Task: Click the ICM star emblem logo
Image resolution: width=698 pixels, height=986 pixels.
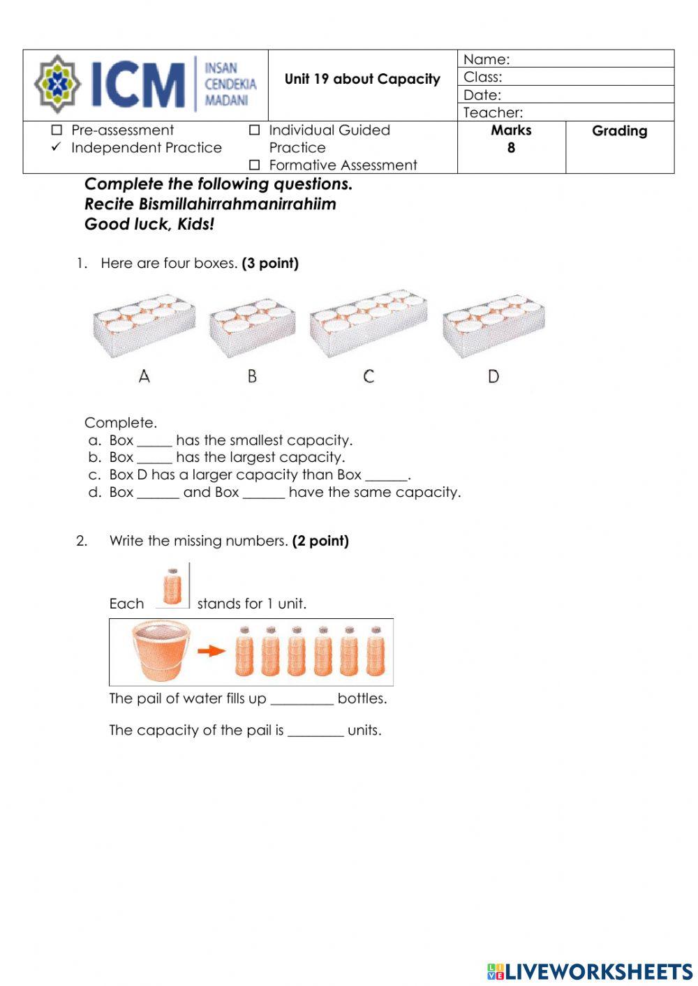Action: click(57, 84)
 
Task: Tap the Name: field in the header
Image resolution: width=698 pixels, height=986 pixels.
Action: click(565, 59)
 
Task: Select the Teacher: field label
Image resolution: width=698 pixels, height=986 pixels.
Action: click(493, 112)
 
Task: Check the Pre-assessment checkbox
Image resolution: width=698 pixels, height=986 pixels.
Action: click(57, 130)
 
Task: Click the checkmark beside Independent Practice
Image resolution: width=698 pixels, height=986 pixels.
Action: click(57, 147)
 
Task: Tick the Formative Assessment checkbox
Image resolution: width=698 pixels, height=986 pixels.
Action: click(255, 165)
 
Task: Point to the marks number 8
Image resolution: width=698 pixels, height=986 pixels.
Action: click(511, 148)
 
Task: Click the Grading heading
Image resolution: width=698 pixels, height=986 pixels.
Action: click(619, 131)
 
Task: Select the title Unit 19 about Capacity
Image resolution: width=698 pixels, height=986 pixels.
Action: click(362, 79)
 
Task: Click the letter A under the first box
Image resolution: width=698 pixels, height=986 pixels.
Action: click(144, 377)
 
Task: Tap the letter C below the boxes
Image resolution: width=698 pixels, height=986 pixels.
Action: click(369, 377)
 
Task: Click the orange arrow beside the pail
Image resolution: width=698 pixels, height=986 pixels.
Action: click(211, 651)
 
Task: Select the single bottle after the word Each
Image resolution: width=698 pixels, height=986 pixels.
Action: click(172, 587)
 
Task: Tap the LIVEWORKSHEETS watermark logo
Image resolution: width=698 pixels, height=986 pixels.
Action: click(590, 971)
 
